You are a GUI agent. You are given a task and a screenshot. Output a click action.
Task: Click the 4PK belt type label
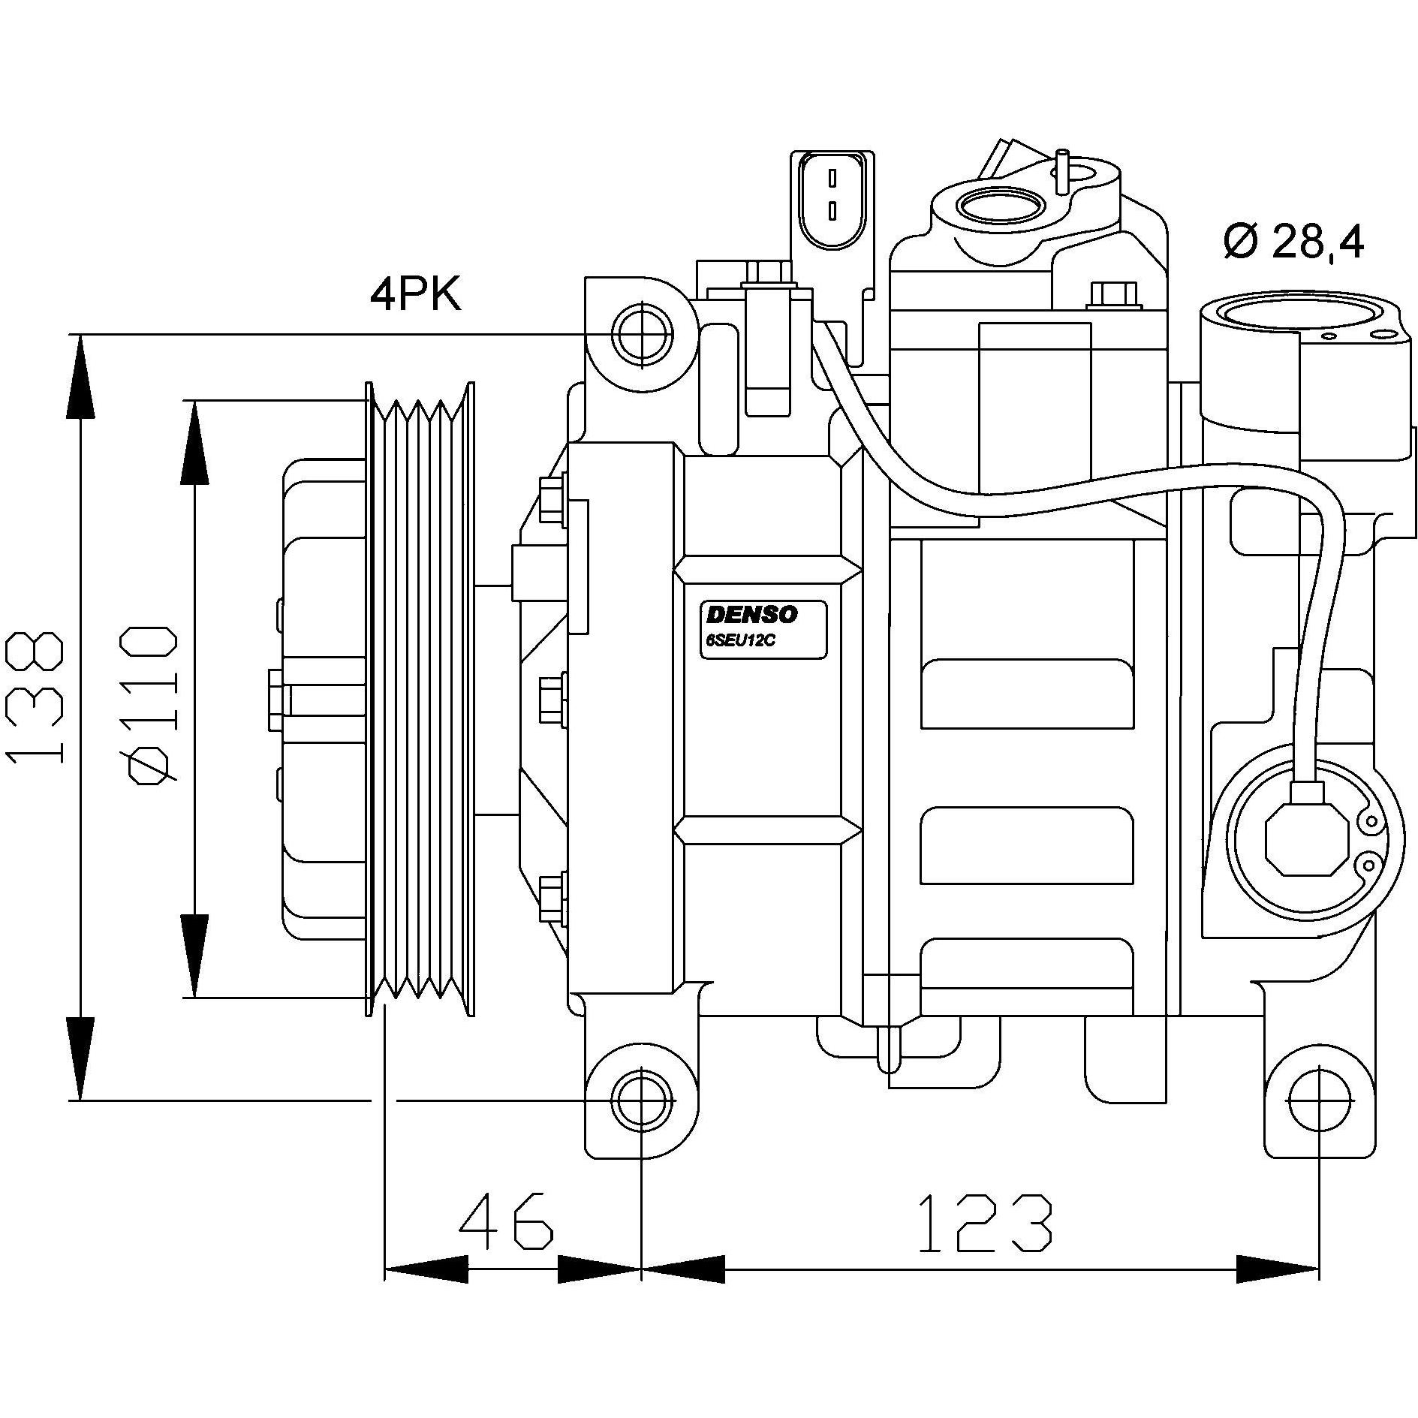[415, 295]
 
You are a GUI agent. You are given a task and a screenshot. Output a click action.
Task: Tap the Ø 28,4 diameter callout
[1293, 242]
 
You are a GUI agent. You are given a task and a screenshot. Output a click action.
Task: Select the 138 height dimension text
[35, 697]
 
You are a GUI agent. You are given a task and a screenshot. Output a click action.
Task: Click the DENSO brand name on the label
[751, 615]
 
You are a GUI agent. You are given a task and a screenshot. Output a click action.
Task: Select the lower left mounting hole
[643, 1100]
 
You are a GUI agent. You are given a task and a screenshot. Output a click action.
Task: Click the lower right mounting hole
[1319, 1100]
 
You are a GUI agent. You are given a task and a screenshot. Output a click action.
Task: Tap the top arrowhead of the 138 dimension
[80, 375]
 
